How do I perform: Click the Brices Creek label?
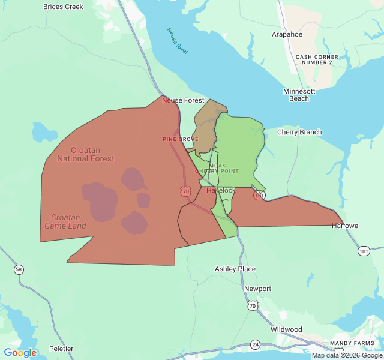(63, 7)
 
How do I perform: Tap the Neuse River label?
(178, 41)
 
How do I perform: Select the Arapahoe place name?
(287, 34)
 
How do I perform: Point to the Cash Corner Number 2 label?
(317, 59)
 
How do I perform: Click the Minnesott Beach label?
(299, 95)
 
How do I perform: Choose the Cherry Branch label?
(299, 132)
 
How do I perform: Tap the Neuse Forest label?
(183, 100)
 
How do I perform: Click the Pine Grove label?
(180, 139)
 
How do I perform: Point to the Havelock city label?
(221, 190)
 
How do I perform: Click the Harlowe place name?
(345, 226)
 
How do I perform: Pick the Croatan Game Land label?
(65, 221)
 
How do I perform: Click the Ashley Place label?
(235, 269)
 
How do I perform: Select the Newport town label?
(257, 289)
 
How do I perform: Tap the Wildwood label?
(286, 329)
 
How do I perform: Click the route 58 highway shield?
(19, 269)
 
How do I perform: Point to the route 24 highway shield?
(256, 344)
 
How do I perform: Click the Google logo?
(20, 353)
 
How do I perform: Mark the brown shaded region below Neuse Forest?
(206, 128)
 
